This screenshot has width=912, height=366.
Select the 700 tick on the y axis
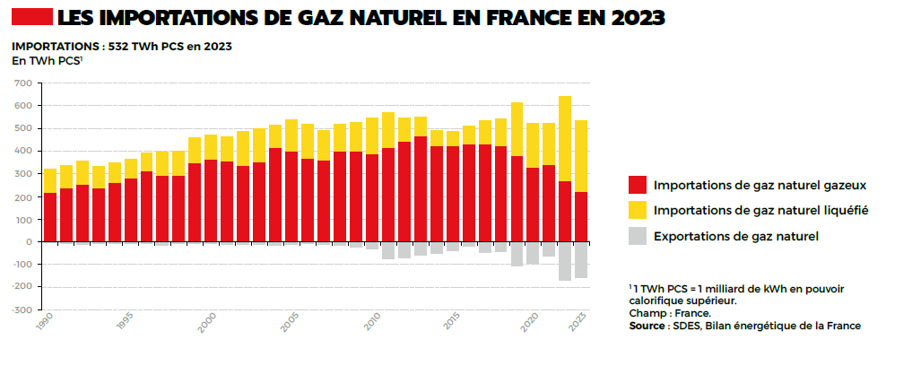click(23, 83)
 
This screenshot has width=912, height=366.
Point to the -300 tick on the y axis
click(21, 309)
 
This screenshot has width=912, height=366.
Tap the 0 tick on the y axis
click(30, 241)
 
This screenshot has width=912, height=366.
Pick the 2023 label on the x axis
click(579, 321)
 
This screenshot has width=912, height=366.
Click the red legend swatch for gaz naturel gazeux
click(637, 185)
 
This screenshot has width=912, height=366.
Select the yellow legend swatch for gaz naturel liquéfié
click(637, 210)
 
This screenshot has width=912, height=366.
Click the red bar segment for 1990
click(50, 217)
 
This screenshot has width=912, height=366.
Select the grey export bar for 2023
click(581, 260)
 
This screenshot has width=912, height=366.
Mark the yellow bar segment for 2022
click(565, 138)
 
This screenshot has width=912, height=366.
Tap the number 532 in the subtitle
click(119, 47)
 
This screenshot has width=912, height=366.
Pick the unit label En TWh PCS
click(46, 61)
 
